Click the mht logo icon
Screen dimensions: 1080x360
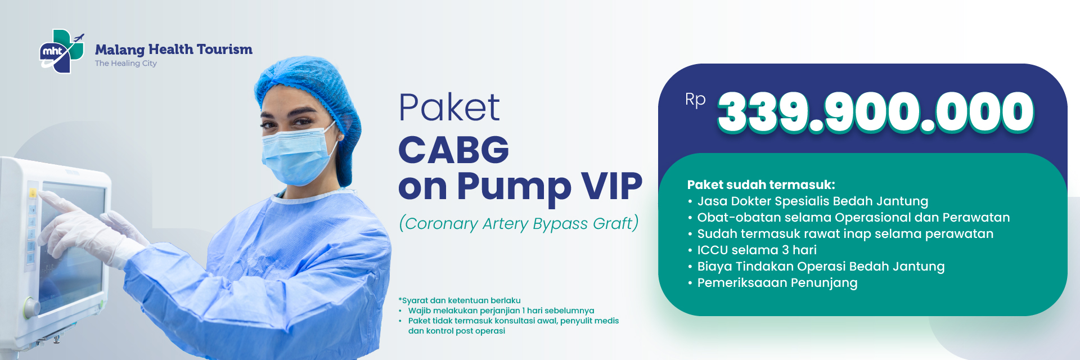point(62,51)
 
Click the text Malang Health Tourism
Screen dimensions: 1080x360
point(174,49)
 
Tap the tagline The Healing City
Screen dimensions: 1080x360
point(126,64)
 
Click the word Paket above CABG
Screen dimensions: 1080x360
point(449,107)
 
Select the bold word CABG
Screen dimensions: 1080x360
point(453,150)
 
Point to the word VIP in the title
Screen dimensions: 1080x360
point(611,186)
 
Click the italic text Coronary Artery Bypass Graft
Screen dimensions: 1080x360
point(519,223)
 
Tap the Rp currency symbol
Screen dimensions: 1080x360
point(695,100)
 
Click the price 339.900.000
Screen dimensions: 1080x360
point(876,112)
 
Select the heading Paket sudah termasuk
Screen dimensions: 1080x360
point(761,184)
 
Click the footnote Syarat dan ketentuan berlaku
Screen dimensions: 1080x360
point(460,300)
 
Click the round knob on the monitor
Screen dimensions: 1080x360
point(31,308)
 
